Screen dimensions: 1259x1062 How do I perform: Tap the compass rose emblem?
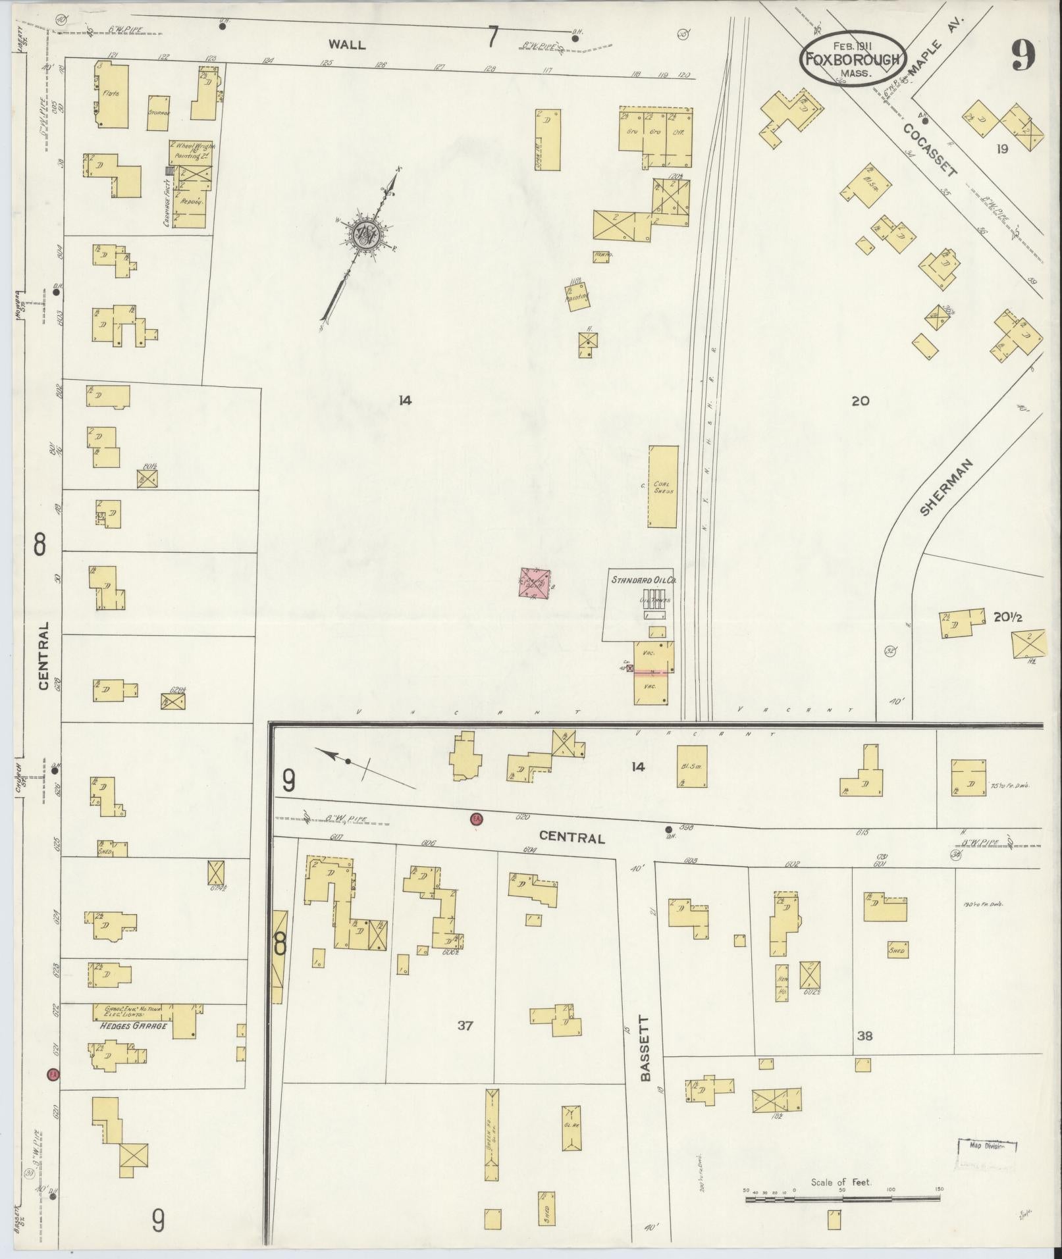(366, 233)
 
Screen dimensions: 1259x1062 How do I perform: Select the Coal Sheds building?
(663, 486)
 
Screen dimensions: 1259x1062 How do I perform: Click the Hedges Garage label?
(134, 1026)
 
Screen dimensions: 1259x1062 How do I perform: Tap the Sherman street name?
(946, 488)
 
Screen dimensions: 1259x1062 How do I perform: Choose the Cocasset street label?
(930, 151)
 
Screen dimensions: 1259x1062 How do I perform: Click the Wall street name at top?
(347, 45)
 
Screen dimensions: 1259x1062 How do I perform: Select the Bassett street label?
(645, 1058)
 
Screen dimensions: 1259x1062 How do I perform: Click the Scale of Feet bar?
(843, 1199)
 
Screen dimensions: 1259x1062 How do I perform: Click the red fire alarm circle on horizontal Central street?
(476, 819)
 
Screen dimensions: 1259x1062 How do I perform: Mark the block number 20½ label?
(1007, 617)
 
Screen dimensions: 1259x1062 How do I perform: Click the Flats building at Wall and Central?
(111, 95)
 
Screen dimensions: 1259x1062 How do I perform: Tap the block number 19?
(1002, 149)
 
